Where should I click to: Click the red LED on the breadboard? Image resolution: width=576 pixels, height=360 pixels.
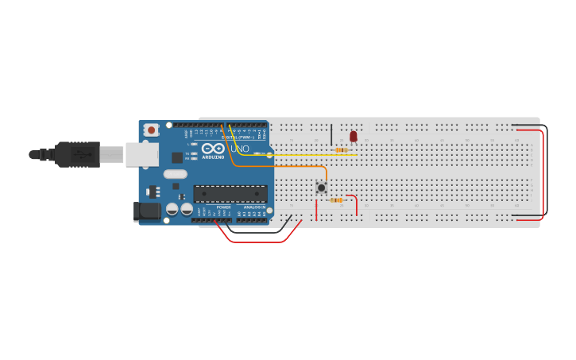click(x=354, y=137)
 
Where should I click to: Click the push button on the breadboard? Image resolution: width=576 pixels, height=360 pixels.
click(x=321, y=188)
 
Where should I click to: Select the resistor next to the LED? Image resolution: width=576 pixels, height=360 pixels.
click(x=341, y=149)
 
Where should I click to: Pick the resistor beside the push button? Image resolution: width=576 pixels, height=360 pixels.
click(x=337, y=200)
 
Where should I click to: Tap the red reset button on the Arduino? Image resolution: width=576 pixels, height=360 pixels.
click(x=151, y=130)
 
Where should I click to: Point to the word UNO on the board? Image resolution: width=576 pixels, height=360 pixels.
click(x=240, y=149)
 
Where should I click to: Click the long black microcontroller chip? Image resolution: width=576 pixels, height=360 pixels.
click(x=230, y=193)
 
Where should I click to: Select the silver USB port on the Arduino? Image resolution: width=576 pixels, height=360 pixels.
click(x=142, y=154)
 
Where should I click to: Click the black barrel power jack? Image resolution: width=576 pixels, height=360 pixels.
click(x=147, y=211)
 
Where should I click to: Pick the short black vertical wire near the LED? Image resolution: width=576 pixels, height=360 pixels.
click(x=331, y=134)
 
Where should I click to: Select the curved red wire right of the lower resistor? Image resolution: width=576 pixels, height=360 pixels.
click(x=355, y=203)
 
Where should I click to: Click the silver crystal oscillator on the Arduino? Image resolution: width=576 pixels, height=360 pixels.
click(x=175, y=174)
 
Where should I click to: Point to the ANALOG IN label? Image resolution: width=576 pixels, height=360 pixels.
click(x=253, y=207)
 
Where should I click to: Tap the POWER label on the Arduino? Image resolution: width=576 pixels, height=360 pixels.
click(x=223, y=207)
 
